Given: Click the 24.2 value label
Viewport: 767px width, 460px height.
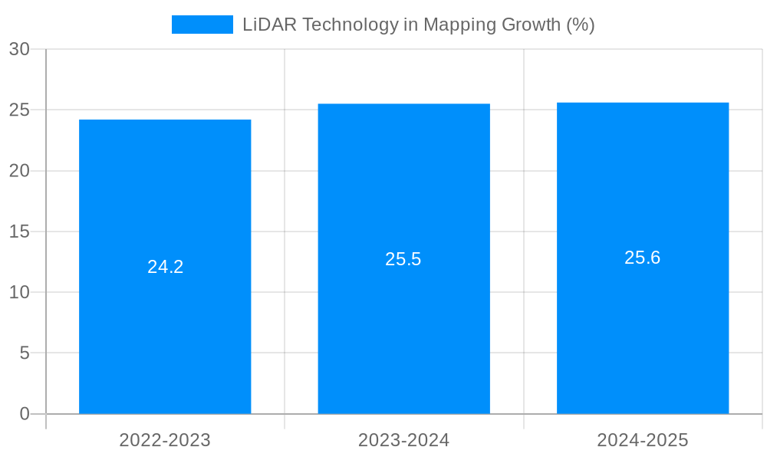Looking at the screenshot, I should [x=166, y=267].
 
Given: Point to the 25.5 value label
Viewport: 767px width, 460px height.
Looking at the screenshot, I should [x=403, y=259].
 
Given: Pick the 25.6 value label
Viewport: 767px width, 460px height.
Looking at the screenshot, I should [x=643, y=258].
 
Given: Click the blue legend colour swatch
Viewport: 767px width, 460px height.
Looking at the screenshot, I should [x=202, y=25].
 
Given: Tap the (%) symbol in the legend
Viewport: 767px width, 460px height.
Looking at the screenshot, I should [x=580, y=25].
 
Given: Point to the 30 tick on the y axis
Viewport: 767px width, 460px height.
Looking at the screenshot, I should [x=19, y=49].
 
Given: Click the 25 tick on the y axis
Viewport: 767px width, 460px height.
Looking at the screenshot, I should [x=19, y=110].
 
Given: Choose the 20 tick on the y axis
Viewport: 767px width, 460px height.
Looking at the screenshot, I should [x=19, y=171].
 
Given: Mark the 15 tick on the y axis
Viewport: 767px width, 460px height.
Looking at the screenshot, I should [x=19, y=232].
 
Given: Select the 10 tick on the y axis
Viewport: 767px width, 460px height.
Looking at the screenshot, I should [x=19, y=292].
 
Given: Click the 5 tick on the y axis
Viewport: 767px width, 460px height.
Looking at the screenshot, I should [x=24, y=353].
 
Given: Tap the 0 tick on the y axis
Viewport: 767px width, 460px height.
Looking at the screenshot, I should [x=24, y=414].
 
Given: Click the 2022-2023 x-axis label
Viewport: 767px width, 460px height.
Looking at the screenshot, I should [x=165, y=440].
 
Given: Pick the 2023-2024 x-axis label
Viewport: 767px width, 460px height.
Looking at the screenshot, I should [x=403, y=440].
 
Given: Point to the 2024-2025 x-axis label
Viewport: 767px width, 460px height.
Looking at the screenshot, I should [x=643, y=440].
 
